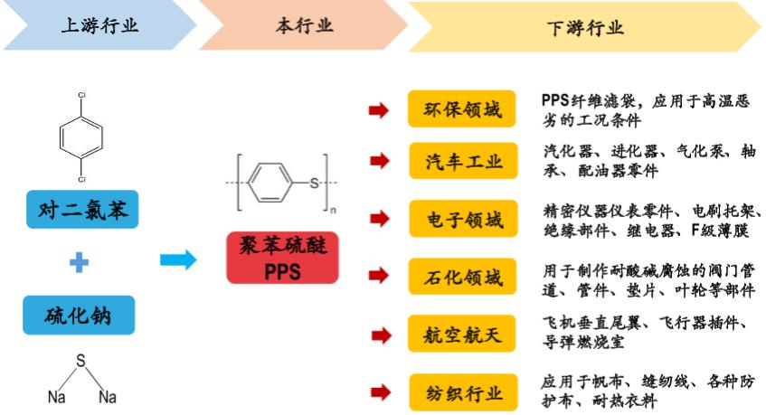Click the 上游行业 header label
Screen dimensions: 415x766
coord(99,25)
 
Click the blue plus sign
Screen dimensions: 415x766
coord(80,263)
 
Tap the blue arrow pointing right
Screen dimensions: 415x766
coord(177,260)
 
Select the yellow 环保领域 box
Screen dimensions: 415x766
coord(462,110)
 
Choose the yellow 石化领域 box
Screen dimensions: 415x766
coord(462,278)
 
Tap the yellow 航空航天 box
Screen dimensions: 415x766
coord(462,335)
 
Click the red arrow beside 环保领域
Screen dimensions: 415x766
coord(380,110)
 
